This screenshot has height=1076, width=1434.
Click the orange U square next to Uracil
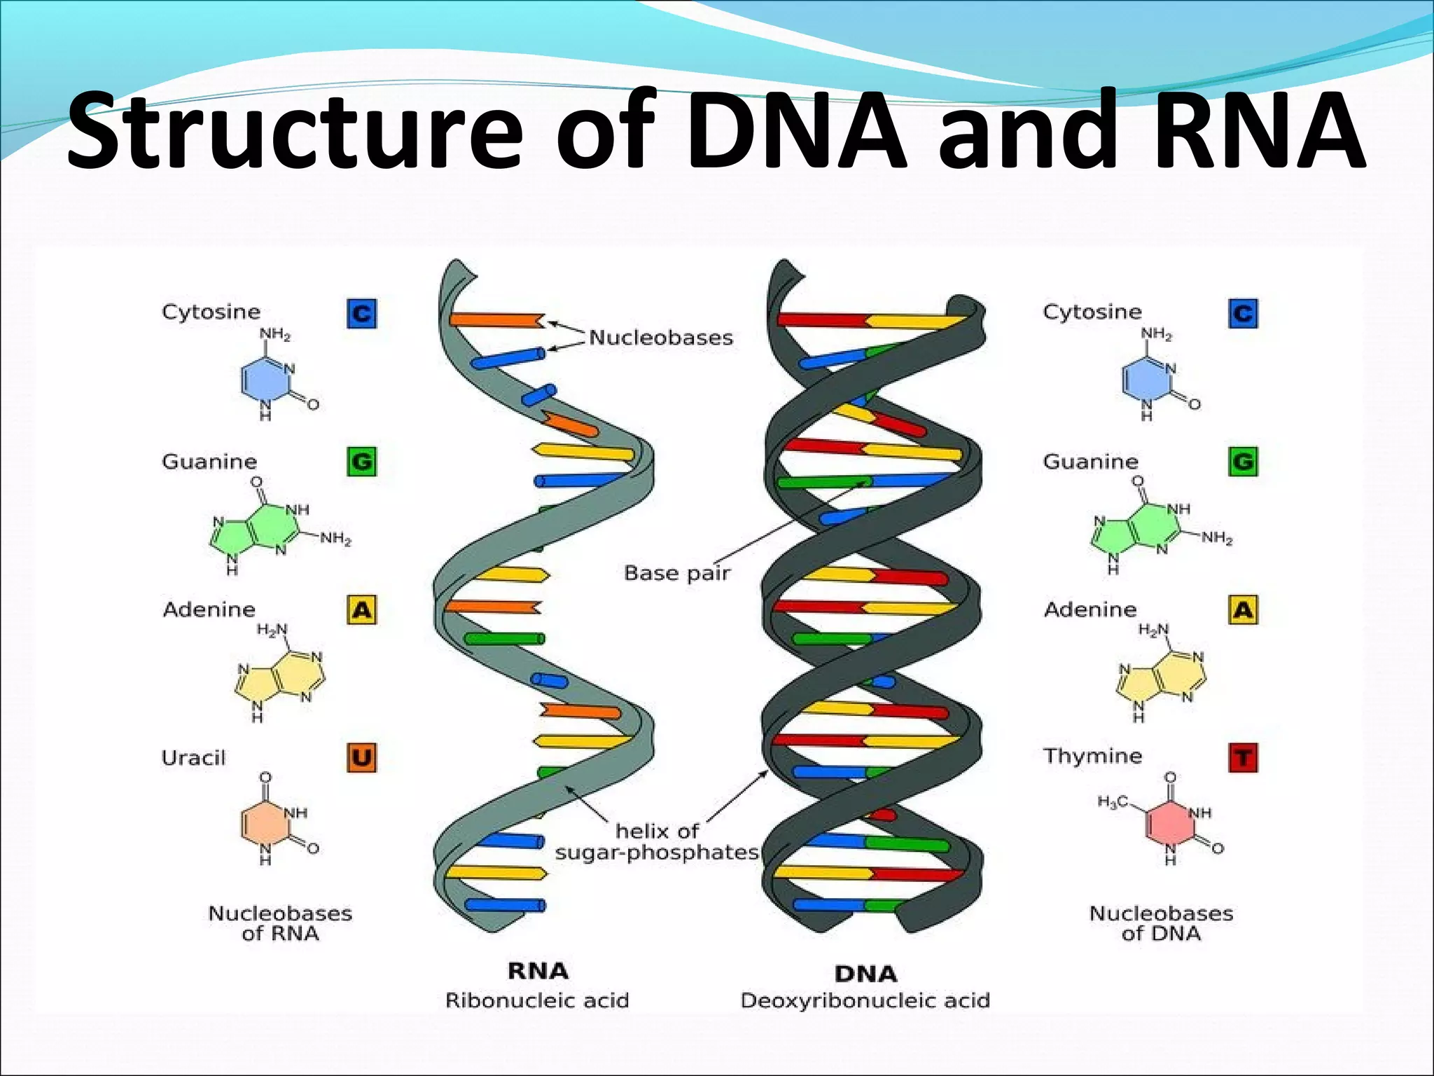361,757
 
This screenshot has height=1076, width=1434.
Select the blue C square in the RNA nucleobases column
361,313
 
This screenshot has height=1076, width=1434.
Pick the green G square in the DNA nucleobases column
1243,462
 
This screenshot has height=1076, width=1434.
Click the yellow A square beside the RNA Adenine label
361,609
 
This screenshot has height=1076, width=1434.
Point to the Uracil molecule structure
277,820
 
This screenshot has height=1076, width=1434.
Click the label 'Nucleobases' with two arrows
660,338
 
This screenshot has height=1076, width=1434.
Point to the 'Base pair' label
676,573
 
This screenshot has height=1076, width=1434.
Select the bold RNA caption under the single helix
538,971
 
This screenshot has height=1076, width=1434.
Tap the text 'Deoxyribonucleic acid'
865,1000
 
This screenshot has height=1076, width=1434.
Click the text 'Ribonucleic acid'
537,1000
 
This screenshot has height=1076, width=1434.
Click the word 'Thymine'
1092,756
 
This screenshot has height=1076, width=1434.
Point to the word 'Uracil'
193,758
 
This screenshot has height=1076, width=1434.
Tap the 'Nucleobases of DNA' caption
1161,923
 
